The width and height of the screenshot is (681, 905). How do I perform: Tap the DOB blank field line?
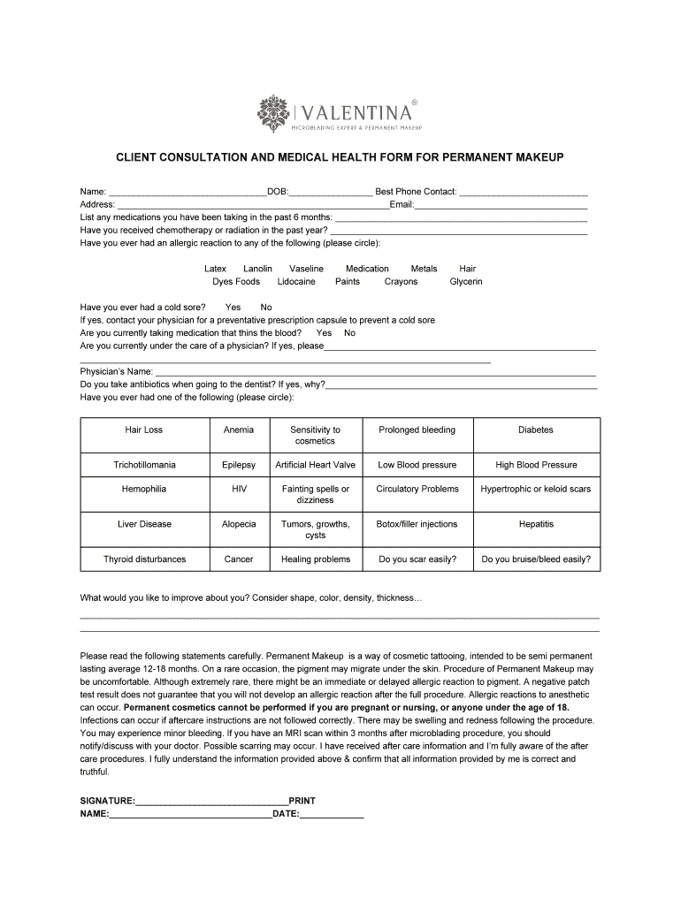[x=330, y=192]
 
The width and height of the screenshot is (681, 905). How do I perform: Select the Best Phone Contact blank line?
[x=524, y=192]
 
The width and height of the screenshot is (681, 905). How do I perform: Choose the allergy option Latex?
[x=215, y=269]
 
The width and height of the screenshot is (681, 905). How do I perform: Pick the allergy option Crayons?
[x=401, y=282]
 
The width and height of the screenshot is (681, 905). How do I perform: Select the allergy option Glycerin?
[x=466, y=282]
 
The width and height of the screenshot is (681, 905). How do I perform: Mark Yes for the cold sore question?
[x=233, y=308]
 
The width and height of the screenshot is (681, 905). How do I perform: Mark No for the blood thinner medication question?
[x=349, y=333]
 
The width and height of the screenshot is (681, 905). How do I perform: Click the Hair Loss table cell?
[x=144, y=430]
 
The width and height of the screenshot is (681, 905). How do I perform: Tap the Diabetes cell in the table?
[x=536, y=430]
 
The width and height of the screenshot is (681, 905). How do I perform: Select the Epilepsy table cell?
[x=239, y=465]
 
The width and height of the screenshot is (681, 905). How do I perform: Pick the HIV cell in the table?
[x=239, y=489]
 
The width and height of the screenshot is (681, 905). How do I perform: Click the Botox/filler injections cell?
[x=417, y=524]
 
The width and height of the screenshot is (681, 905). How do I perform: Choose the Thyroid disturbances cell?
[x=144, y=559]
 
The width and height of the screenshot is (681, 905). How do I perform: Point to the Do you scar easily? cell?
[x=417, y=559]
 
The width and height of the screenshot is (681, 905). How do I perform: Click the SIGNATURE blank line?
[x=212, y=802]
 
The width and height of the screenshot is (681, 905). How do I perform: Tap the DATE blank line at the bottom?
[x=332, y=815]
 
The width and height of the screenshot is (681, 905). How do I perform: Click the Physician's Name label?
[x=116, y=372]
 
